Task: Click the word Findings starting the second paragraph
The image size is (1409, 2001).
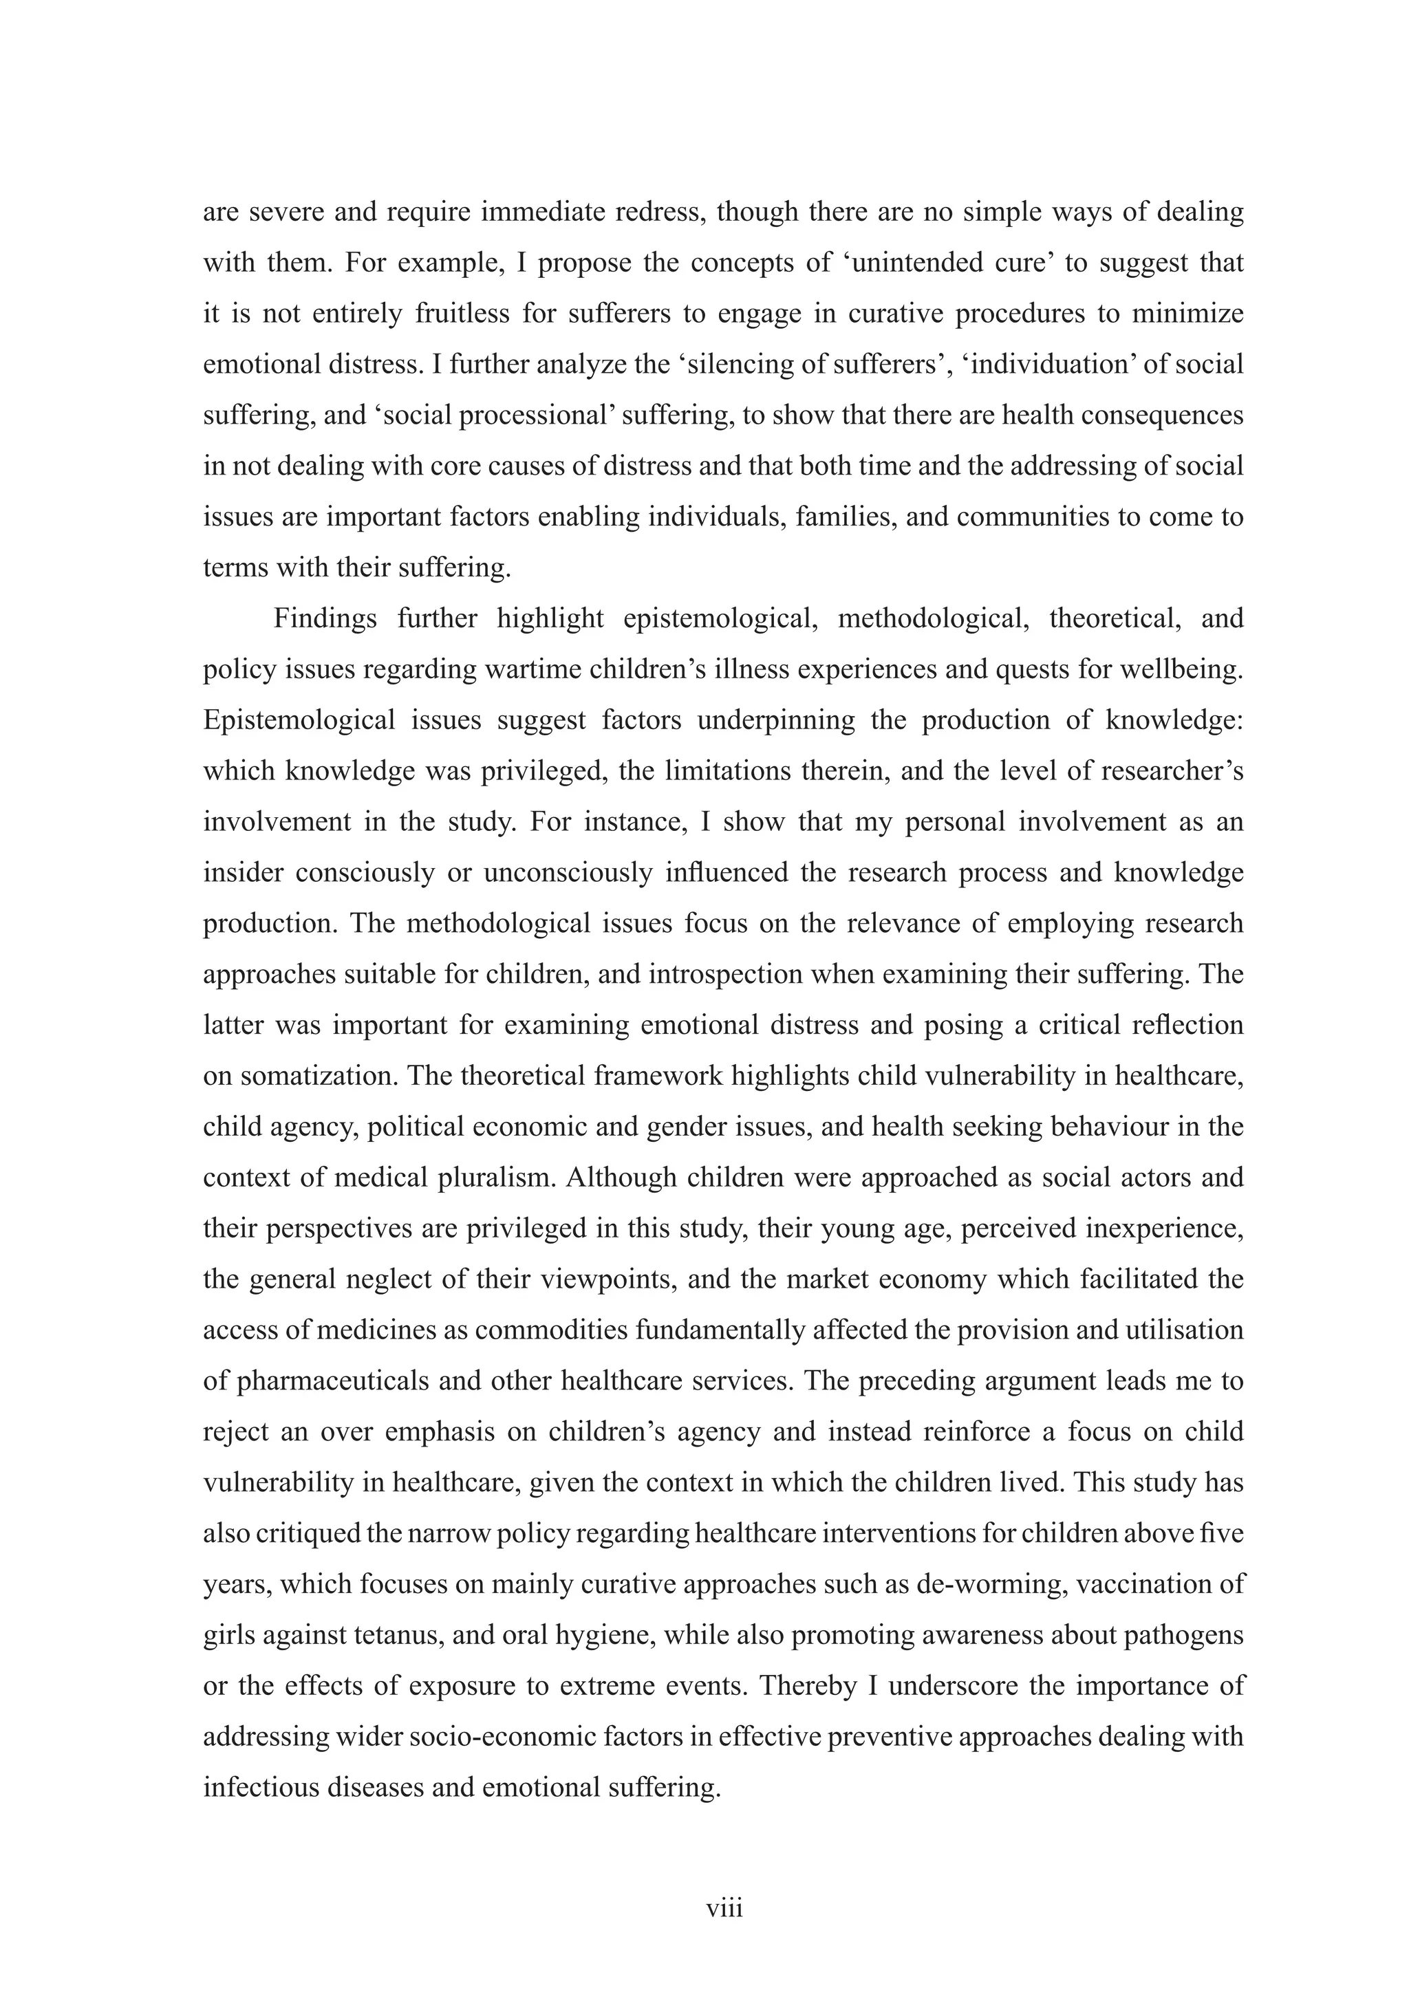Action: (325, 619)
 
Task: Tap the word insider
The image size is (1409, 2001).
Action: (242, 872)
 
